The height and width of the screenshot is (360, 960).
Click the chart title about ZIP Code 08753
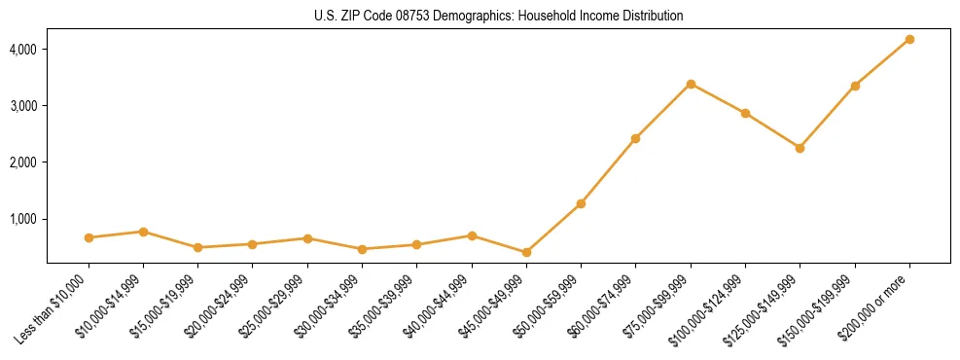point(499,16)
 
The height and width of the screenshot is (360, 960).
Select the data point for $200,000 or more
point(909,39)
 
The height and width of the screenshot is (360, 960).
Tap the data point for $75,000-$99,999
point(691,84)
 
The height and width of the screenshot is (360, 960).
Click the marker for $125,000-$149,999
point(800,148)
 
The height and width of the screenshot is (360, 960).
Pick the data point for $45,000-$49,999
point(526,252)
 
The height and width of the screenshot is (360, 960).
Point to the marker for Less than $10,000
point(89,237)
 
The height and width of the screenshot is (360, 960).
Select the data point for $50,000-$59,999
point(581,203)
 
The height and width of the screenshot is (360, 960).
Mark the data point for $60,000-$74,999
point(635,138)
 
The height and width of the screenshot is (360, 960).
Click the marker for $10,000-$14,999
point(143,232)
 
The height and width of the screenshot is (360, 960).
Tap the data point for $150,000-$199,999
point(855,86)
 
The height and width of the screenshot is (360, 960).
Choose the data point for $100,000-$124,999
point(745,113)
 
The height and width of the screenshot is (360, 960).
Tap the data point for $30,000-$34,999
point(362,249)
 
